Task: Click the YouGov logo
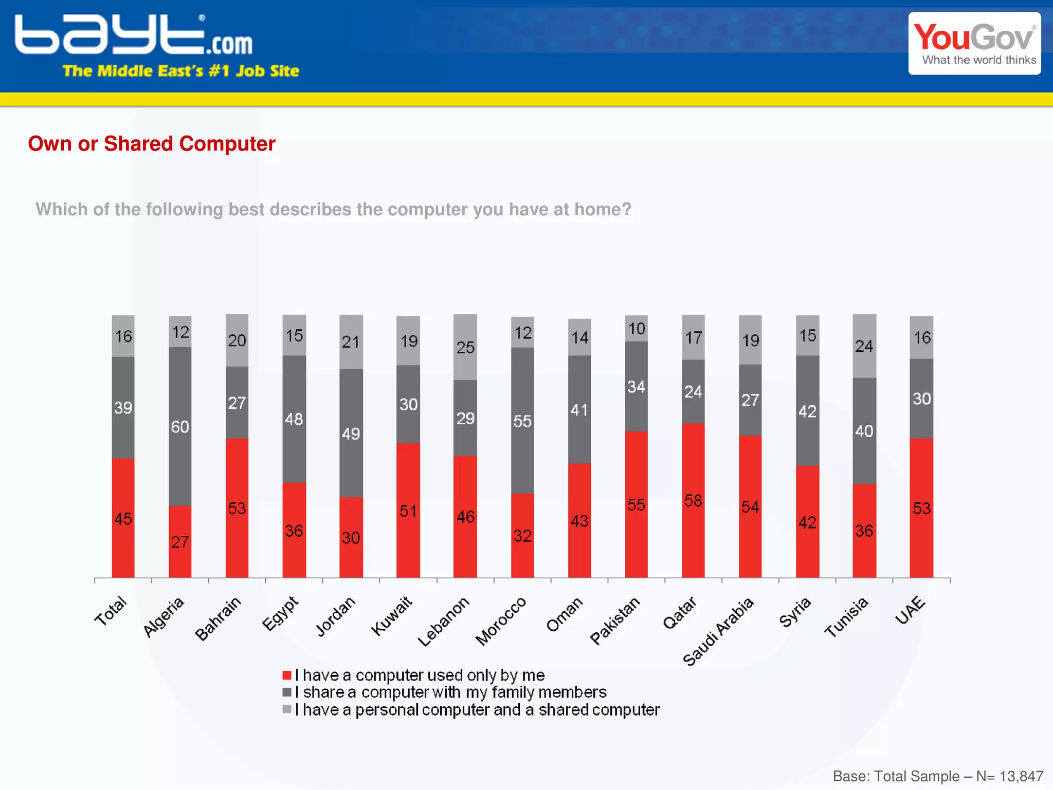point(974,44)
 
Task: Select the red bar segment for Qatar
point(693,534)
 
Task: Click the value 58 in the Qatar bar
point(693,501)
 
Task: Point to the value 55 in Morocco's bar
point(522,422)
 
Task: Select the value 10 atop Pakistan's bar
point(637,329)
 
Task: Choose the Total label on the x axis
point(111,611)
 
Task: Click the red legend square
point(287,675)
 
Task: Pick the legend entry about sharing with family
point(451,692)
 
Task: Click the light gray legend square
point(287,709)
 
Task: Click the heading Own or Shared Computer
point(152,144)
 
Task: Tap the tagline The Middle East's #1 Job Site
point(180,71)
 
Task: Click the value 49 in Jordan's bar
point(351,434)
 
